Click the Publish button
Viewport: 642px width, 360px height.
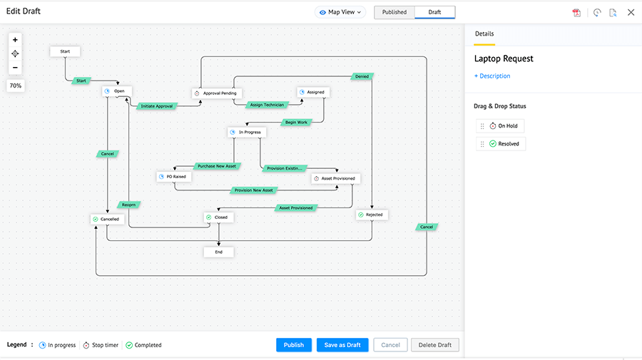pos(294,345)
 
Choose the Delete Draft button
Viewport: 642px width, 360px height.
pos(435,345)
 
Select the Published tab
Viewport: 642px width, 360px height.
pos(394,12)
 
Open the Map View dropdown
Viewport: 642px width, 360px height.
pos(340,12)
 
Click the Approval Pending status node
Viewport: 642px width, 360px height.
pos(218,93)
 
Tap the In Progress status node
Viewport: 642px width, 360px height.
pos(246,133)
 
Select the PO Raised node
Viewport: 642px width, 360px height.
pos(174,176)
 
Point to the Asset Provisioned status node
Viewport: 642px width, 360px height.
pos(335,178)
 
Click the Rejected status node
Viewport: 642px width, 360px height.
pos(371,215)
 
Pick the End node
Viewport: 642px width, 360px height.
pos(218,252)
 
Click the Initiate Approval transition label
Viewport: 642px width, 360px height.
pos(157,106)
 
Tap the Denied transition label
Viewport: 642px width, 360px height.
pos(362,76)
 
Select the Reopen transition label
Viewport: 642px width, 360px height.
pos(128,205)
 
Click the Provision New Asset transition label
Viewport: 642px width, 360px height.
pos(253,190)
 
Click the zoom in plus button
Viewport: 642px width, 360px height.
pos(15,40)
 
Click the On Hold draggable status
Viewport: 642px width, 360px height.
pos(503,126)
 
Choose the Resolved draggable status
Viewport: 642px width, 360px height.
pos(504,144)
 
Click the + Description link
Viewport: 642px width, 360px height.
pos(492,76)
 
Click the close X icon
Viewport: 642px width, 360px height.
pos(631,13)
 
